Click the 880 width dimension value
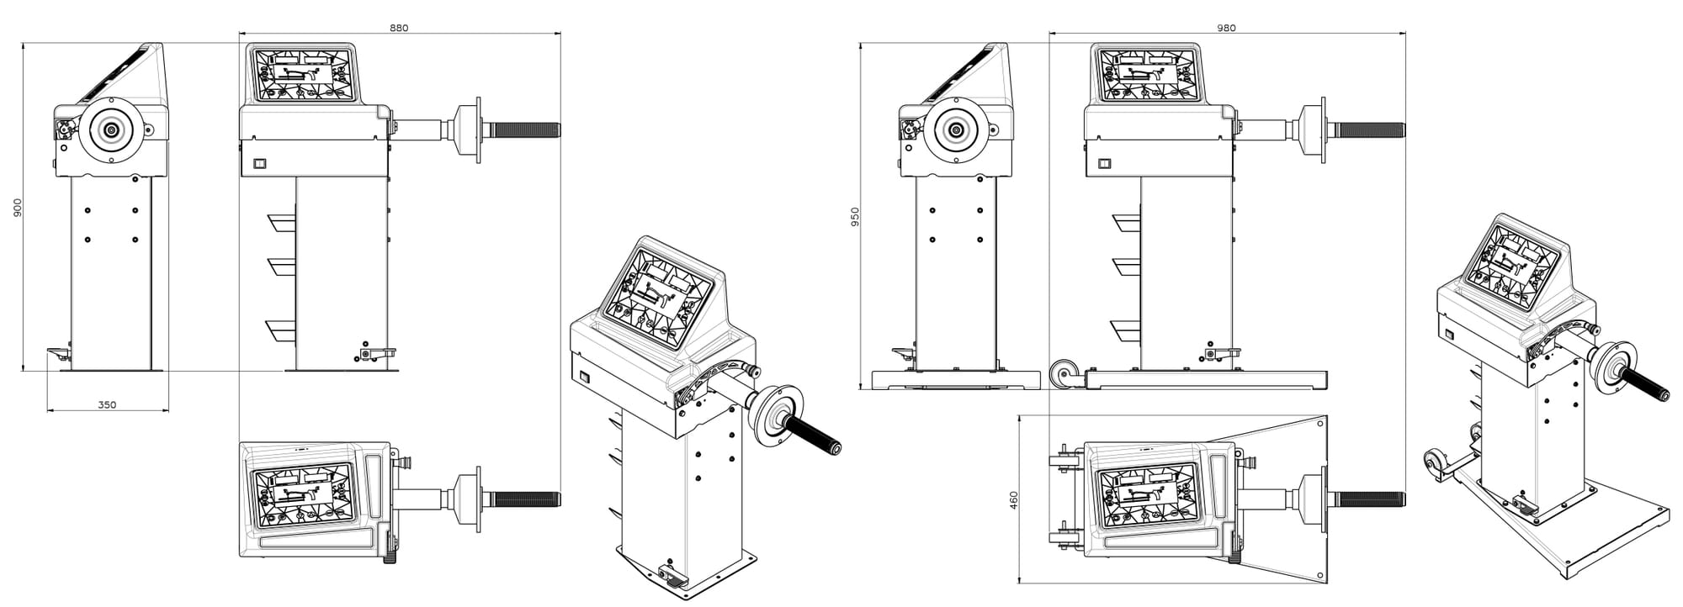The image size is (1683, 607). (x=399, y=28)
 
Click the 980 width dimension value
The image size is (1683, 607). (x=1226, y=28)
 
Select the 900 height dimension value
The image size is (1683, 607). (x=18, y=208)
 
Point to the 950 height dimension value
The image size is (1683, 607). (x=855, y=217)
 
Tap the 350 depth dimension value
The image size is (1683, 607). (x=107, y=404)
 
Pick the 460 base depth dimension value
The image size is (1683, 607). (x=1013, y=501)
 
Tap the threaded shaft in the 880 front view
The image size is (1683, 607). (x=526, y=129)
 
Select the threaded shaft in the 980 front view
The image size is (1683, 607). (x=1370, y=129)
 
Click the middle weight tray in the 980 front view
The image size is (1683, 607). (x=1127, y=266)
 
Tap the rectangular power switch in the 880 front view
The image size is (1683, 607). (x=260, y=163)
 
